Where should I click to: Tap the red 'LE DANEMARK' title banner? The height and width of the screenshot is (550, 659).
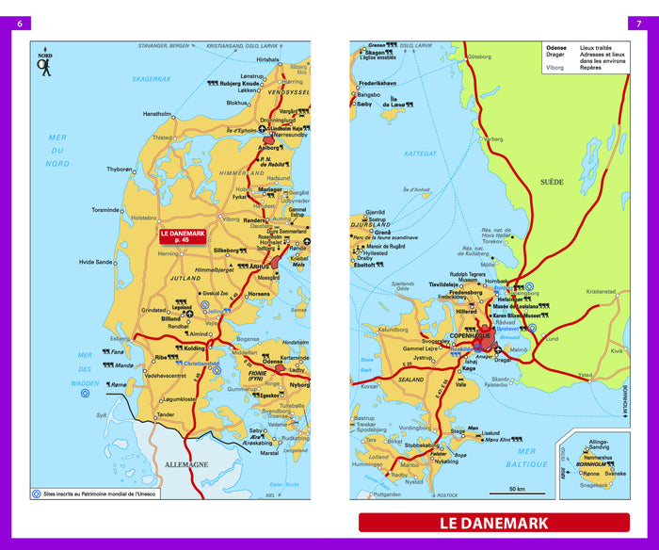coord(493,523)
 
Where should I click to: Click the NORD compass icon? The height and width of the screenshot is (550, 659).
coord(44,63)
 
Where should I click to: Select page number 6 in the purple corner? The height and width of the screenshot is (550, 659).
coord(19,24)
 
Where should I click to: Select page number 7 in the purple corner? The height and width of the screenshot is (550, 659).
coord(640,24)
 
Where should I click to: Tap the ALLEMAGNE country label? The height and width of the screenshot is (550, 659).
coord(185,464)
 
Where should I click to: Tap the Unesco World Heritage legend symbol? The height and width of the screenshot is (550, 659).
coord(37,493)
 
